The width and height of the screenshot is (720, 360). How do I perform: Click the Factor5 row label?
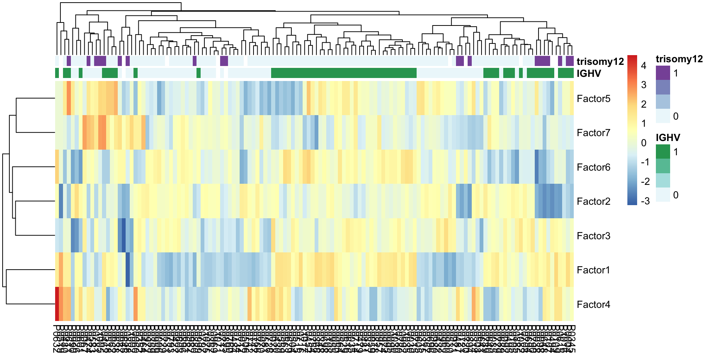pyautogui.click(x=593, y=99)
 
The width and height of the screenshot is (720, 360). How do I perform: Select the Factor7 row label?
pyautogui.click(x=593, y=133)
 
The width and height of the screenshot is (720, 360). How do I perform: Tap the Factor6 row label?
pyautogui.click(x=593, y=167)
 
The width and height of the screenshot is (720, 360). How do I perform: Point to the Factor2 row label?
pyautogui.click(x=593, y=201)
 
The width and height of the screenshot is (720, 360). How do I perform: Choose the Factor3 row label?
pyautogui.click(x=593, y=236)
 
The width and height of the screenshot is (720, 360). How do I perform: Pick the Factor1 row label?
pyautogui.click(x=593, y=270)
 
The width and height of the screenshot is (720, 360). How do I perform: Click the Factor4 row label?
pyautogui.click(x=593, y=304)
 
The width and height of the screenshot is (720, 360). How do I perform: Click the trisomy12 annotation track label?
pyautogui.click(x=600, y=61)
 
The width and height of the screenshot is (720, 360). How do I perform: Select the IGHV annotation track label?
pyautogui.click(x=589, y=73)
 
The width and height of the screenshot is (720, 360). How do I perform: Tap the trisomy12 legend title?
pyautogui.click(x=679, y=59)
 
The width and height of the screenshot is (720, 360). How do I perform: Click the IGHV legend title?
pyautogui.click(x=668, y=138)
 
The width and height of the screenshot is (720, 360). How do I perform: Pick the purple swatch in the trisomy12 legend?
pyautogui.click(x=663, y=73)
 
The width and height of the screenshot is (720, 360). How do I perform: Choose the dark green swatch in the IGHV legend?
pyautogui.click(x=663, y=151)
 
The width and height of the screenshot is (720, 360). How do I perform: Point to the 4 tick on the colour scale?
pyautogui.click(x=644, y=66)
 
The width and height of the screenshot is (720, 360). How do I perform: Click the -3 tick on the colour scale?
pyautogui.click(x=645, y=201)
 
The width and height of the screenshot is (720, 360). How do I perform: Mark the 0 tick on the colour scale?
pyautogui.click(x=644, y=143)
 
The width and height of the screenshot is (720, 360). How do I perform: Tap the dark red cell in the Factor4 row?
pyautogui.click(x=57, y=304)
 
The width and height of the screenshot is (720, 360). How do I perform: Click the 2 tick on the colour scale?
pyautogui.click(x=644, y=104)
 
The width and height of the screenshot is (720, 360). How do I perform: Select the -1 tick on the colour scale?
pyautogui.click(x=645, y=162)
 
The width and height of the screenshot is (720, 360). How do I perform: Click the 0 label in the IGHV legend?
pyautogui.click(x=676, y=195)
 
